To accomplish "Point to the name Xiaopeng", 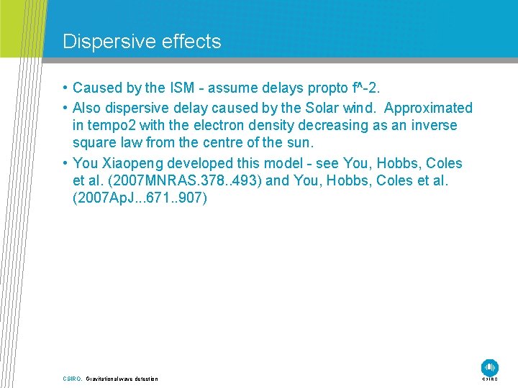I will pos(132,163).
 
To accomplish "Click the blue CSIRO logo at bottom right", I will pos(490,367).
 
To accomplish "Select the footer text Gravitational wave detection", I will pos(122,379).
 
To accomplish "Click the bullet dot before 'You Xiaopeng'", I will pos(65,163).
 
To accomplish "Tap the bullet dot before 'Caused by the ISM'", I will pos(65,88).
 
